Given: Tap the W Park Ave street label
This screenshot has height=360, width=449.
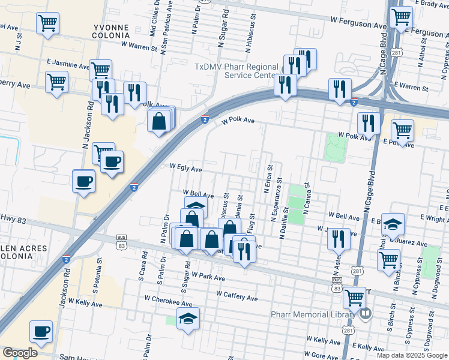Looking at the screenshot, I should pyautogui.click(x=205, y=278).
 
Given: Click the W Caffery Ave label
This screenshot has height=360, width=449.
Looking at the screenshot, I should pyautogui.click(x=237, y=298).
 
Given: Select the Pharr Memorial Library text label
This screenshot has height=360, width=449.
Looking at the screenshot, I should pyautogui.click(x=322, y=314).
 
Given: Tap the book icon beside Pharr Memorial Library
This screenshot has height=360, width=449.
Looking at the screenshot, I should pyautogui.click(x=365, y=313).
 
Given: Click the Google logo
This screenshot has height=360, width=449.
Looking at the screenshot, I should pyautogui.click(x=19, y=352).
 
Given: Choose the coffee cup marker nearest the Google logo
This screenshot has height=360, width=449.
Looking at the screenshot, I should pyautogui.click(x=41, y=332).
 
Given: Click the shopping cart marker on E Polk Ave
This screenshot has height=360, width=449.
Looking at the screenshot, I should pyautogui.click(x=402, y=130).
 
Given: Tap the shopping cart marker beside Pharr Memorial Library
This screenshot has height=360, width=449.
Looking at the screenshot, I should pyautogui.click(x=354, y=296).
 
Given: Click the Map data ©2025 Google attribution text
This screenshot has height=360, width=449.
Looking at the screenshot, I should pyautogui.click(x=411, y=355).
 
